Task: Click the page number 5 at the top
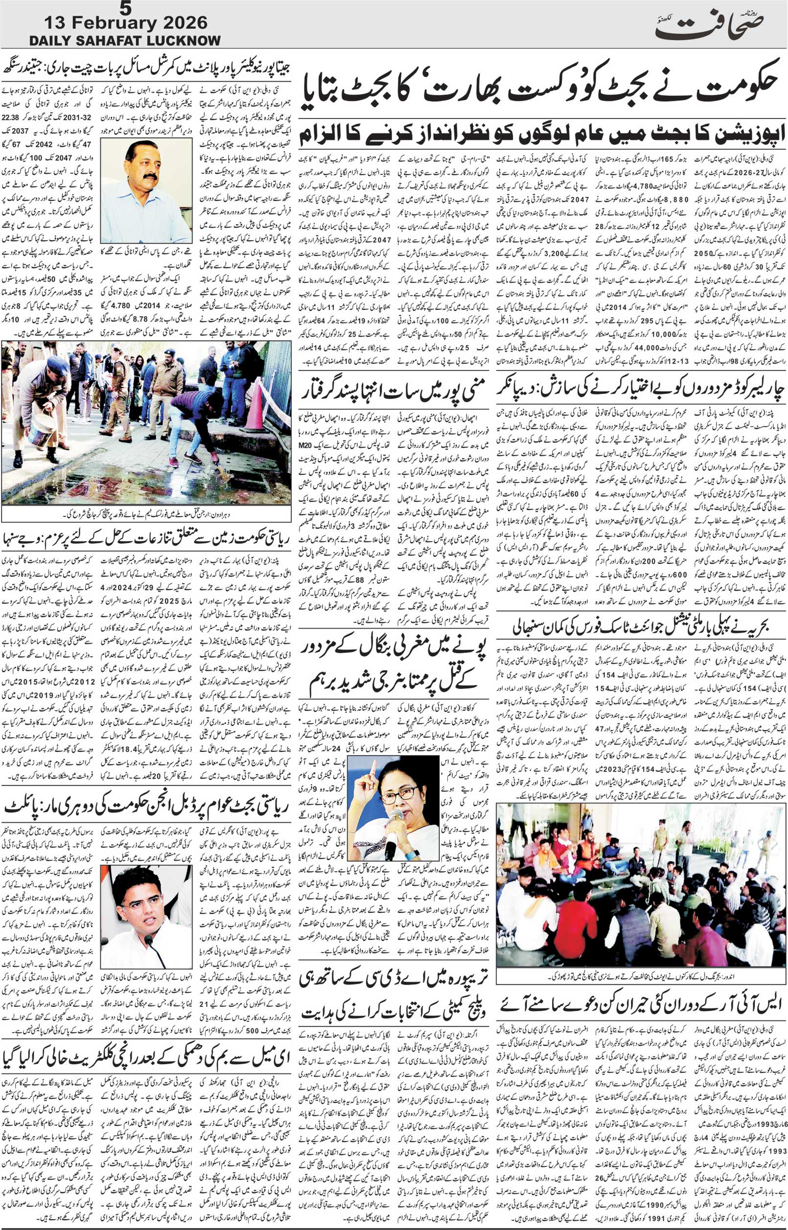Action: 124,7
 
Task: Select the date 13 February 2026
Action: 126,23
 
